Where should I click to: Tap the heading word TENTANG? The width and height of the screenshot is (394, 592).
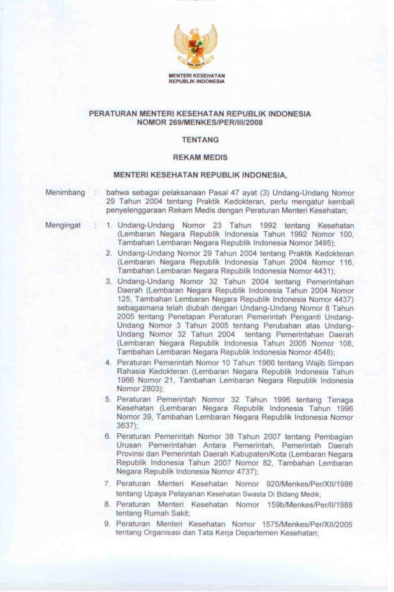point(196,140)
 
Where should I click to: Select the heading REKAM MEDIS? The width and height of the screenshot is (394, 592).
point(196,158)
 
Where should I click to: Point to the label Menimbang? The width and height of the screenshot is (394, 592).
point(64,193)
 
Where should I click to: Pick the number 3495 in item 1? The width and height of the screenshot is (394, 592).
point(321,244)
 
